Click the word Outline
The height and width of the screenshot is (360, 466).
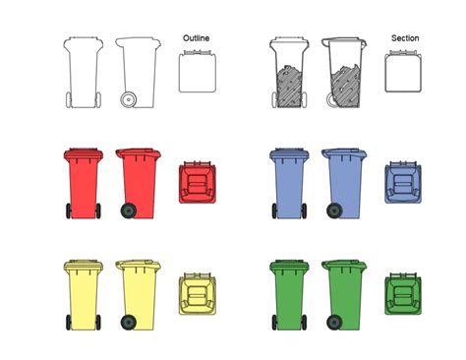pyautogui.click(x=197, y=38)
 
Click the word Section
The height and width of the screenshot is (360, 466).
pyautogui.click(x=404, y=38)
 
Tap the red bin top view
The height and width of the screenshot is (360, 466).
pyautogui.click(x=197, y=183)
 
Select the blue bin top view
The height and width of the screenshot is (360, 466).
pyautogui.click(x=403, y=183)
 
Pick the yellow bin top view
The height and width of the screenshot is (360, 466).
pyautogui.click(x=197, y=295)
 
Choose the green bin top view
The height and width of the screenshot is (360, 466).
pyautogui.click(x=403, y=295)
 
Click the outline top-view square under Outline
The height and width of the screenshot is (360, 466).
pyautogui.click(x=197, y=73)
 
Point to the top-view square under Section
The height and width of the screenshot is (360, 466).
pyautogui.click(x=403, y=73)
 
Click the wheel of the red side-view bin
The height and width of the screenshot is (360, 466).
pyautogui.click(x=128, y=210)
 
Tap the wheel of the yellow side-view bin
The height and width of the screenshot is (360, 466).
pyautogui.click(x=128, y=323)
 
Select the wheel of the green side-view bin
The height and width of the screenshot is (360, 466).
pyautogui.click(x=335, y=323)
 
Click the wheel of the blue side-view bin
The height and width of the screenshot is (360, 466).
pyautogui.click(x=335, y=210)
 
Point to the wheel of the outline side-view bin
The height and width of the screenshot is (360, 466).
pyautogui.click(x=128, y=99)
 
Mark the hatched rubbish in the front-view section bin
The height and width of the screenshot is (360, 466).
pyautogui.click(x=289, y=85)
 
